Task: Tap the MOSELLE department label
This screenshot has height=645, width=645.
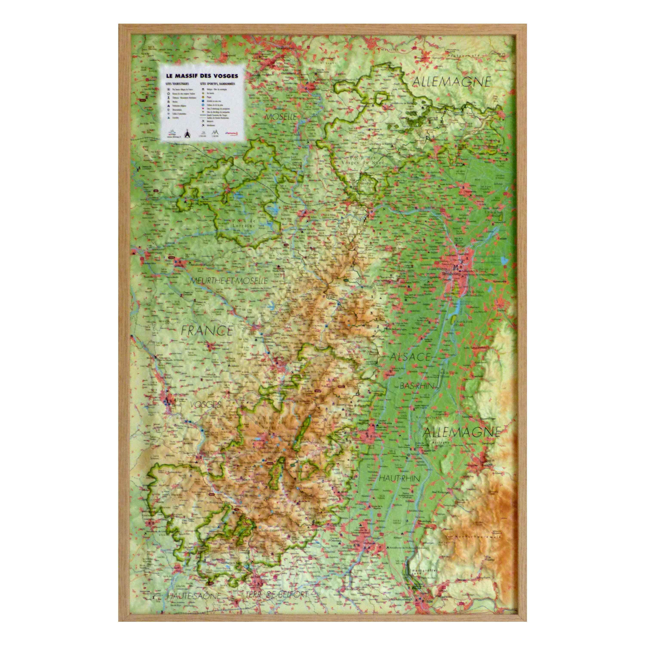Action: point(281,117)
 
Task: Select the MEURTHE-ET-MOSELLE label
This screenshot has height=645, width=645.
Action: point(229,281)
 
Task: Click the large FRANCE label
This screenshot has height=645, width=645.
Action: point(207,330)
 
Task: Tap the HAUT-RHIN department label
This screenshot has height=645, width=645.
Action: point(399,478)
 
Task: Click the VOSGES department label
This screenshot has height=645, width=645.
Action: point(206,405)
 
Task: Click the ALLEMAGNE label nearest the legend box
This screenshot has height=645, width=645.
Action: point(452,82)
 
